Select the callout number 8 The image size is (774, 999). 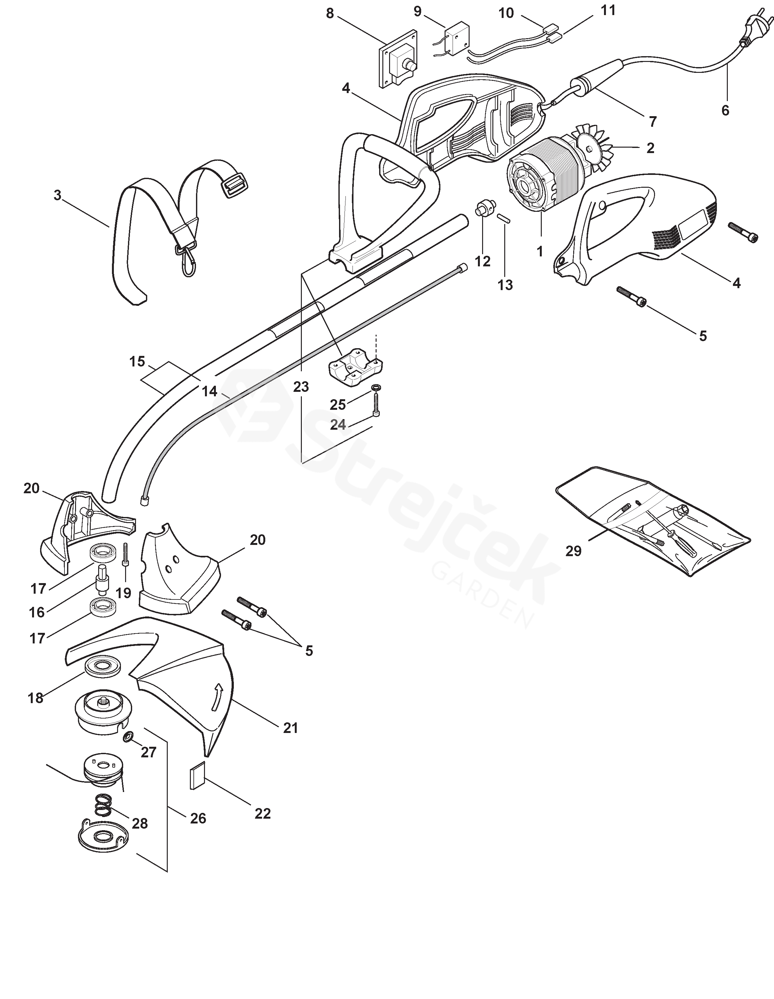pos(330,14)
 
